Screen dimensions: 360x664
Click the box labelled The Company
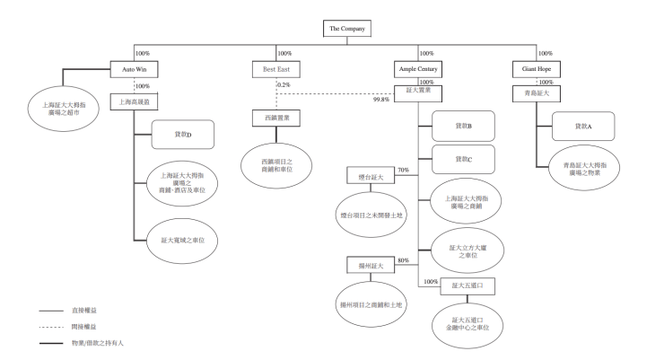click(347, 28)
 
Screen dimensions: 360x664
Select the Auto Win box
click(134, 69)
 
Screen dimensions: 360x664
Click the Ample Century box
click(416, 69)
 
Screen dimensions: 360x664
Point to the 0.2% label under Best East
click(284, 84)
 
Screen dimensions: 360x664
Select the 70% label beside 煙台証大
click(403, 170)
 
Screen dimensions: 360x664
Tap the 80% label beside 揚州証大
click(403, 260)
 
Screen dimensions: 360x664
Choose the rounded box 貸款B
click(462, 127)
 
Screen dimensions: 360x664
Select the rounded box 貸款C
click(462, 159)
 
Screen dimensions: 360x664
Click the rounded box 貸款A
click(583, 127)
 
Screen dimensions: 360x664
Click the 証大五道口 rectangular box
click(468, 285)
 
